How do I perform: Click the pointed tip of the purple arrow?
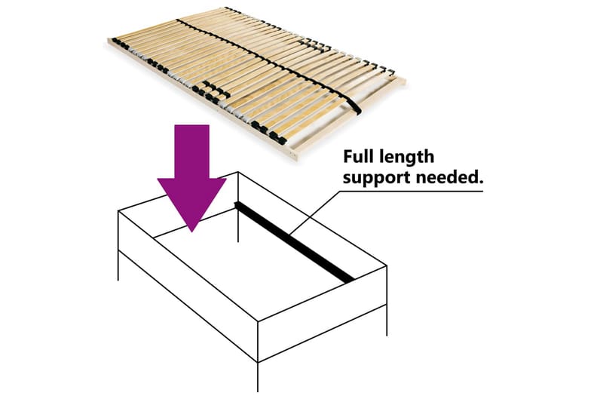pyautogui.click(x=191, y=232)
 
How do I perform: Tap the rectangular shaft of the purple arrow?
pyautogui.click(x=191, y=151)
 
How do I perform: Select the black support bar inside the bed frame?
pyautogui.click(x=294, y=242)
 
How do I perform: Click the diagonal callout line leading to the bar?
pyautogui.click(x=315, y=213)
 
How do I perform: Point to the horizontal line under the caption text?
pyautogui.click(x=412, y=191)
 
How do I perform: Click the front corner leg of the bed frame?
pyautogui.click(x=258, y=377)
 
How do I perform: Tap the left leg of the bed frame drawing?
pyautogui.click(x=118, y=265)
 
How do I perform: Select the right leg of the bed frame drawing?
pyautogui.click(x=386, y=320)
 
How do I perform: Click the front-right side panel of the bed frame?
pyautogui.click(x=322, y=314)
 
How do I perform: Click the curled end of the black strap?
pyautogui.click(x=354, y=106)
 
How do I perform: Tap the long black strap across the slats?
pyautogui.click(x=265, y=61)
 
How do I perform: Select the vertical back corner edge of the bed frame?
pyautogui.click(x=238, y=207)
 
